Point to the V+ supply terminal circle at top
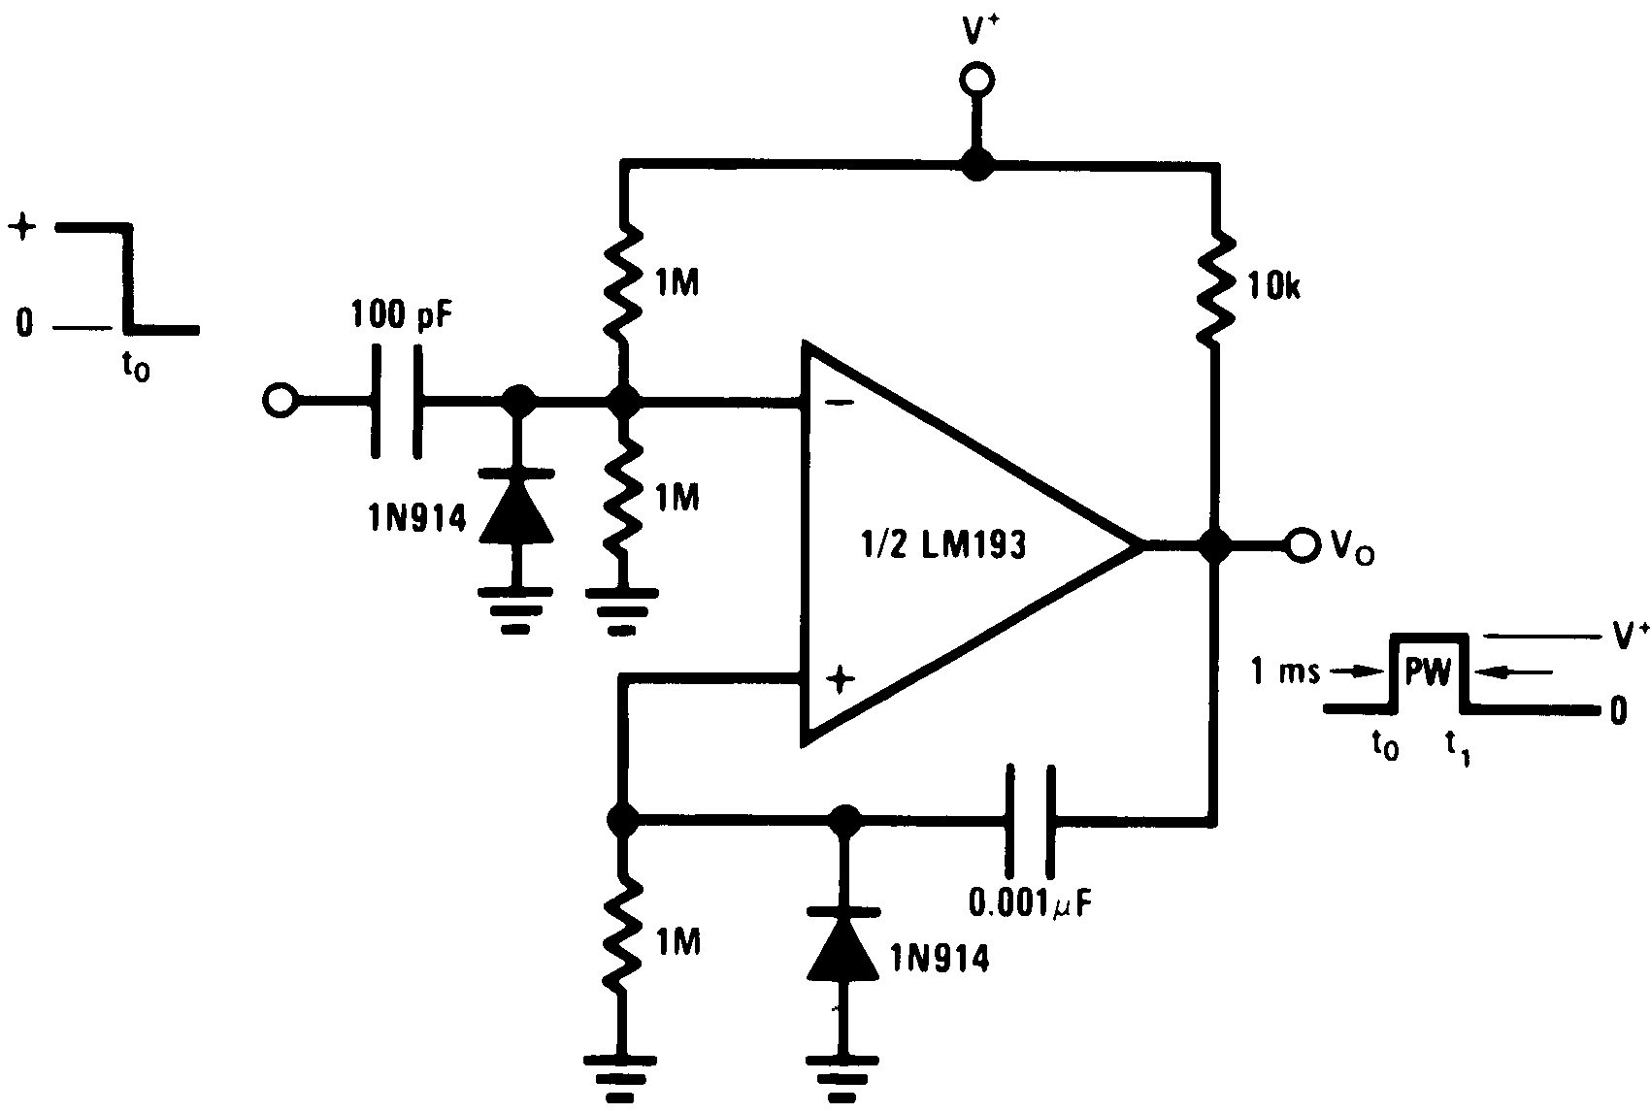[975, 80]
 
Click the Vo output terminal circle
[1301, 545]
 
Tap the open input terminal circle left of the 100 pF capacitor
[279, 400]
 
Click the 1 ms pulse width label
[1286, 671]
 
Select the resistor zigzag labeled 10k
[1213, 287]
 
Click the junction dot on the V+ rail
[975, 166]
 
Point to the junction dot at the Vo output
[1213, 545]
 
